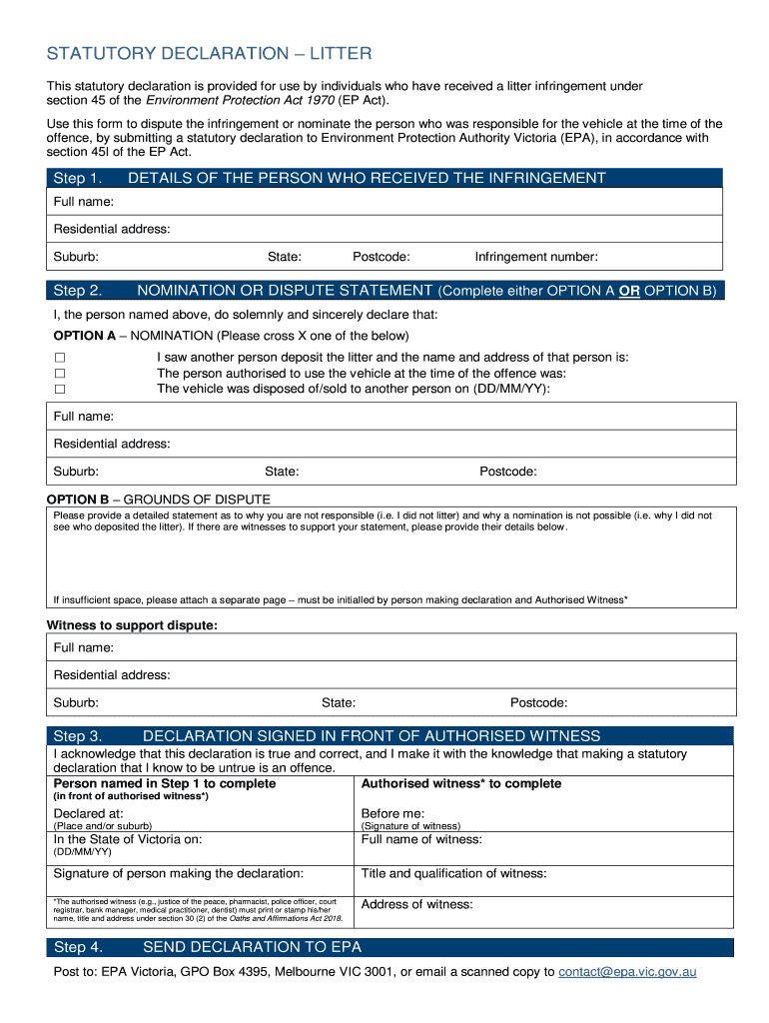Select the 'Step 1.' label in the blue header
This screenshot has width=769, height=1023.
[x=77, y=178]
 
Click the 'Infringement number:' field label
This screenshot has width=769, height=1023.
[x=535, y=257]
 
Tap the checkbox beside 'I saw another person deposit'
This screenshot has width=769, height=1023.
[x=60, y=358]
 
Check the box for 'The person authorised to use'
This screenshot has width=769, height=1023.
[x=60, y=374]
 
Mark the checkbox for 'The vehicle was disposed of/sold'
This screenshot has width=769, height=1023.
[x=60, y=389]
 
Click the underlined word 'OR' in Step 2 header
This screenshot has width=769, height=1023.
[x=629, y=291]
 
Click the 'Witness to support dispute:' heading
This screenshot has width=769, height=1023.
[x=132, y=625]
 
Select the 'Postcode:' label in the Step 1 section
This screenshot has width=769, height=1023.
[x=381, y=257]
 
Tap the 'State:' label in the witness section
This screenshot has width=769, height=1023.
[x=338, y=702]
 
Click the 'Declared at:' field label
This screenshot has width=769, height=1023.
[x=88, y=813]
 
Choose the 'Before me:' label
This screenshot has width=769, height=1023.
[x=392, y=813]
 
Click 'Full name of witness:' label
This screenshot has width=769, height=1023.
[x=420, y=839]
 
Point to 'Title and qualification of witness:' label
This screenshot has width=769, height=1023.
[x=453, y=873]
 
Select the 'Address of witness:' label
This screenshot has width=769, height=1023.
[x=416, y=904]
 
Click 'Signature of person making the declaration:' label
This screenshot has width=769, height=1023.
[x=178, y=873]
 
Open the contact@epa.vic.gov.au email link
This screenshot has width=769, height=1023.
[x=627, y=971]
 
